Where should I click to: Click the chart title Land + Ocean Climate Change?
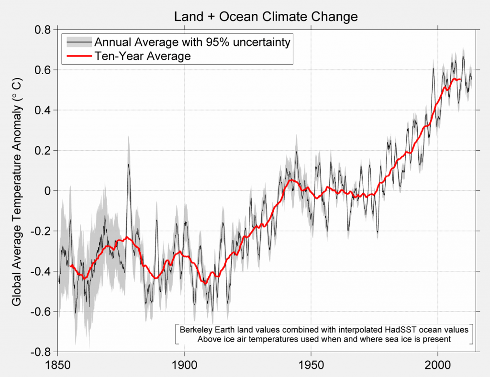266,17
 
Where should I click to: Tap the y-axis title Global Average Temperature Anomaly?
16,190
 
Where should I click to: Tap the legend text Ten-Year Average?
143,56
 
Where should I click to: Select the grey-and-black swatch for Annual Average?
78,43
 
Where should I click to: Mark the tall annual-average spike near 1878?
128,165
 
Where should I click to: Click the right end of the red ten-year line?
460,79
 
